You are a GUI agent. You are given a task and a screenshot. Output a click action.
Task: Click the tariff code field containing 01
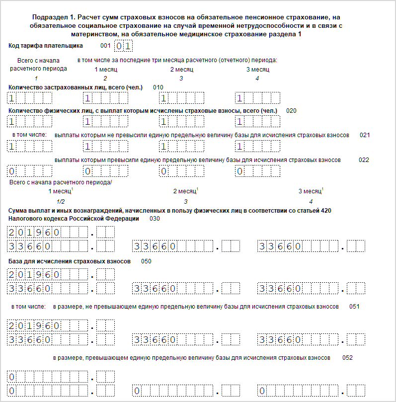tap(124, 47)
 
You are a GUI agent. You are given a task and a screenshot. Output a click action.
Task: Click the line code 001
tap(105, 46)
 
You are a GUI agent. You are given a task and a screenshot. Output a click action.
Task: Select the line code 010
tap(158, 87)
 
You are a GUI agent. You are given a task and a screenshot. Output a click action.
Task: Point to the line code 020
tap(291, 111)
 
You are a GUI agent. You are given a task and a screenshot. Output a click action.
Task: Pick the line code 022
tap(364, 160)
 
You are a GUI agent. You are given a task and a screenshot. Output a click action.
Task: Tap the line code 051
tap(354, 307)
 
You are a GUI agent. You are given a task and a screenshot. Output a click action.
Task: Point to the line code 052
tap(348, 358)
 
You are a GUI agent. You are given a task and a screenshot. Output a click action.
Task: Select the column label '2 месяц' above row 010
tap(181, 70)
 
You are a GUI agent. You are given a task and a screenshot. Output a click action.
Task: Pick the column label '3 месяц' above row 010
tap(257, 70)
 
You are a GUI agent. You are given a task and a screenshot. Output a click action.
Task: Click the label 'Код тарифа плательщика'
tap(46, 46)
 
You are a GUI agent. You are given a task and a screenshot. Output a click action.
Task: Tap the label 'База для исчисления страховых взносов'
tap(70, 261)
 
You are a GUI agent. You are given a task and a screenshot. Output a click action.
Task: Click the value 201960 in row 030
tap(35, 232)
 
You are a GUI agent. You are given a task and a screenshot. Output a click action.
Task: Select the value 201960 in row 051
tap(35, 326)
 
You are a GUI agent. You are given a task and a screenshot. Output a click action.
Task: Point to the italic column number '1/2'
tap(61, 201)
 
